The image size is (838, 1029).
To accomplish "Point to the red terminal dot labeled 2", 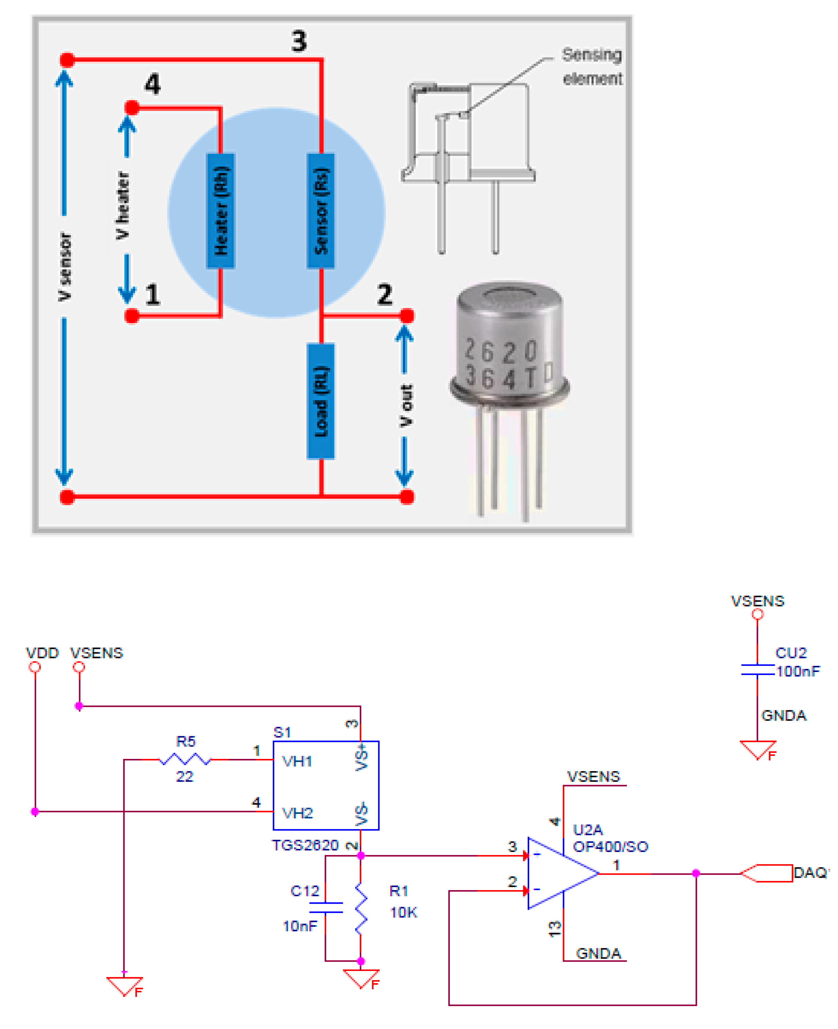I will tap(407, 316).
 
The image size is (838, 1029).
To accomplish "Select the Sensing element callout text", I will tap(592, 66).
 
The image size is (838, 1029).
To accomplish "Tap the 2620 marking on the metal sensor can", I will tap(500, 351).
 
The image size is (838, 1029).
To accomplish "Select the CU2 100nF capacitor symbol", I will tap(757, 670).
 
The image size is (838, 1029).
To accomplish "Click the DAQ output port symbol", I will tap(768, 873).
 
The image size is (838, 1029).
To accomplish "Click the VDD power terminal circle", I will tap(35, 667).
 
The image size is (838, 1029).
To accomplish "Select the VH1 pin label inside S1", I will tap(297, 762).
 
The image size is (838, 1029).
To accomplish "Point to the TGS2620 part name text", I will tap(305, 845).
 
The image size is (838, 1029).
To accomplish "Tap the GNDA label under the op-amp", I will tap(598, 953).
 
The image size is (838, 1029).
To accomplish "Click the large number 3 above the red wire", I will tap(299, 41).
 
